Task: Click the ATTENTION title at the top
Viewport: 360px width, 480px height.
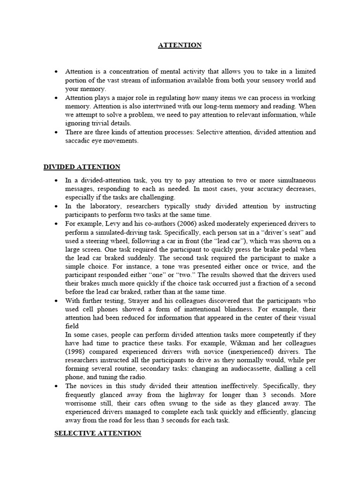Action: (x=180, y=45)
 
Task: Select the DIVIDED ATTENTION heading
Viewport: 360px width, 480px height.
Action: (x=82, y=167)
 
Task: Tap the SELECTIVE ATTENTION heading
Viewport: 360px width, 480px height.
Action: (x=97, y=434)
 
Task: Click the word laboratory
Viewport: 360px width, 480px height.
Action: (x=104, y=206)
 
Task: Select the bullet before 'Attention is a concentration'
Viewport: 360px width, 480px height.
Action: (x=57, y=72)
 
